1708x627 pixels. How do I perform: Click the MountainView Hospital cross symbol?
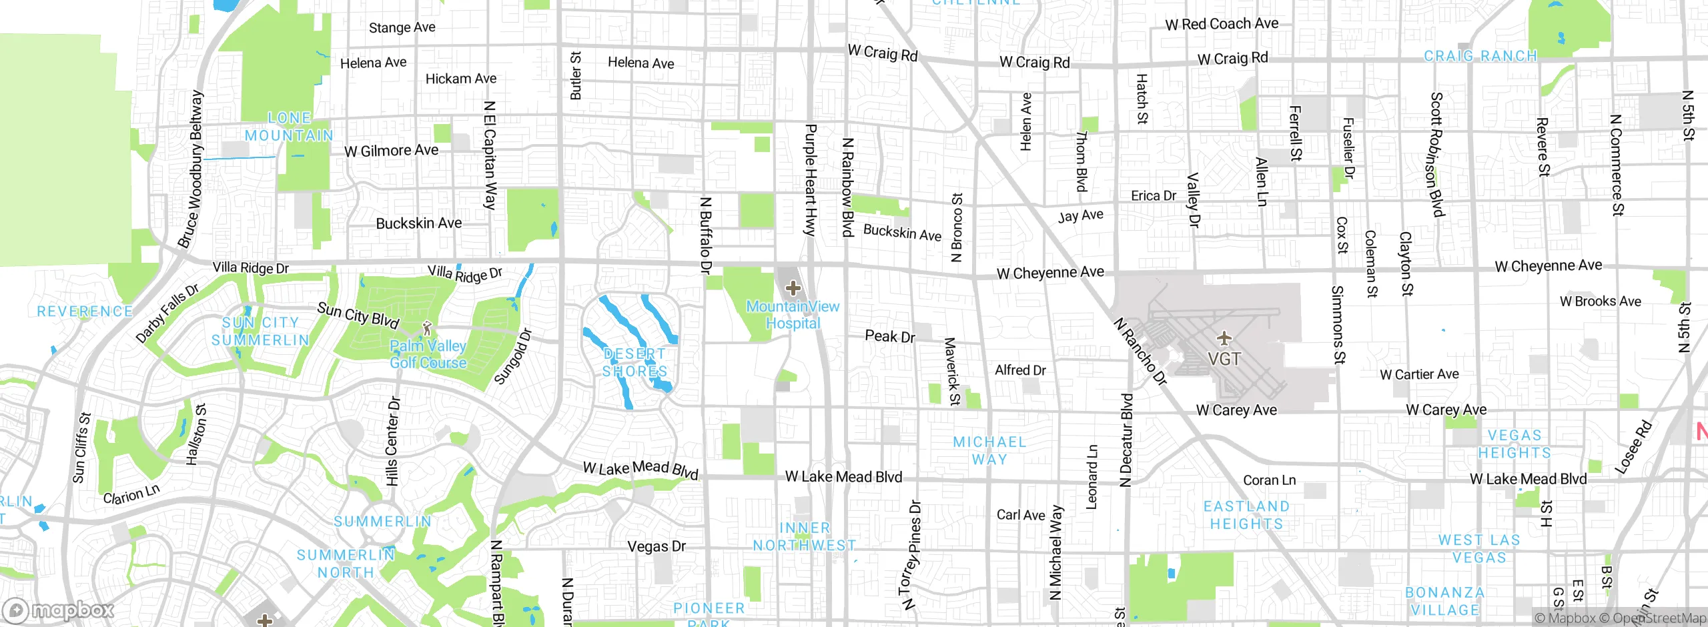click(x=793, y=289)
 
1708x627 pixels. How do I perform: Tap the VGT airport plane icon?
click(x=1224, y=338)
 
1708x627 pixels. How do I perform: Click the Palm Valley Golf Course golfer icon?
click(x=428, y=328)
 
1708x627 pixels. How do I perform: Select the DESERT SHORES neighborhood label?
click(x=634, y=362)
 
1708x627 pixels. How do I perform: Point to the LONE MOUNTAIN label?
click(x=289, y=127)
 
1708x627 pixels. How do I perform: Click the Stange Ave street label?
click(x=402, y=27)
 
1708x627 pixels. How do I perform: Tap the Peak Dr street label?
click(x=890, y=336)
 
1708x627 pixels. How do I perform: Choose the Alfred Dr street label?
click(x=1020, y=370)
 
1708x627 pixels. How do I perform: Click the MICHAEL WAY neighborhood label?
click(x=989, y=450)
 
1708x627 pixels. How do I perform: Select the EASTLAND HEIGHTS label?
click(x=1246, y=515)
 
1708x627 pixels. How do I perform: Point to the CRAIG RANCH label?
click(x=1480, y=56)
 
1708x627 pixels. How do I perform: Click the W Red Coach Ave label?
click(x=1222, y=24)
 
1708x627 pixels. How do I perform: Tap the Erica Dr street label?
click(x=1154, y=195)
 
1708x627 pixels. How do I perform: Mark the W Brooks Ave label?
click(x=1600, y=301)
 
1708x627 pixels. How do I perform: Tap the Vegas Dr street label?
click(x=657, y=546)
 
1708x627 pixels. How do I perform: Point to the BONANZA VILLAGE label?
click(x=1445, y=601)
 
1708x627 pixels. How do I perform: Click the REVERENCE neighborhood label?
click(x=85, y=311)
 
